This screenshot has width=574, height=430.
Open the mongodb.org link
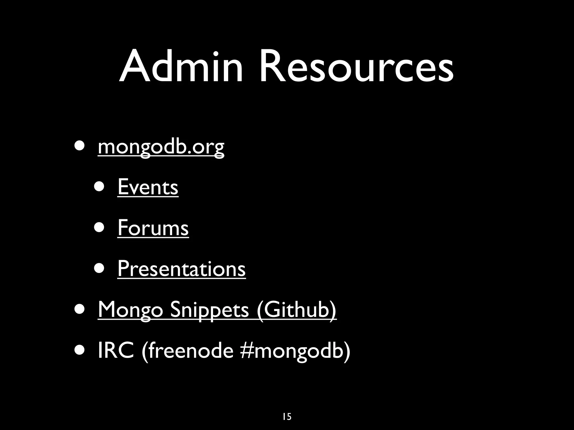pos(161,147)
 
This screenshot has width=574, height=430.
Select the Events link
pos(148,187)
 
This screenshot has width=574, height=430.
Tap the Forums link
pos(153,228)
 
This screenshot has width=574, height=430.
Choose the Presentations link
pos(181,268)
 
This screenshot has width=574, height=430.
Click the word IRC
pos(116,350)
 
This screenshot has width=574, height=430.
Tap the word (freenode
pos(188,350)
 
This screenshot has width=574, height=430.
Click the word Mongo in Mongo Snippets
pos(130,309)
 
